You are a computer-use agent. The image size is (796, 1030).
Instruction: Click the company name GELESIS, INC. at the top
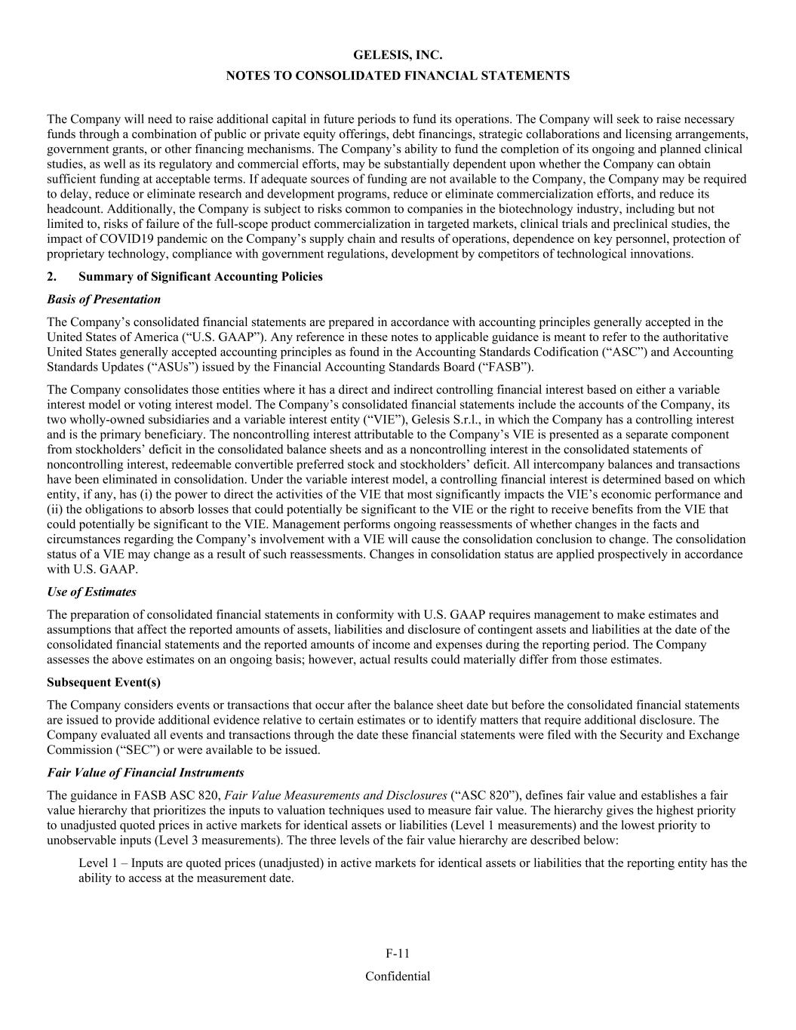[398, 55]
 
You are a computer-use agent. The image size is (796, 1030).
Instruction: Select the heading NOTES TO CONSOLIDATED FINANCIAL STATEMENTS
[398, 75]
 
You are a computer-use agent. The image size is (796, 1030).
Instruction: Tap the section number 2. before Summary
[51, 276]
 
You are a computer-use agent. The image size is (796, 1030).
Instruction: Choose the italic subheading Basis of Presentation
[103, 299]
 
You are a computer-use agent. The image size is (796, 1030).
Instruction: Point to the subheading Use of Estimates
[91, 592]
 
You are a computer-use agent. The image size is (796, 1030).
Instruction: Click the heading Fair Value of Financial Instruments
[145, 772]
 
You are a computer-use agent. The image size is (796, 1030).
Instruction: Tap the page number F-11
[398, 954]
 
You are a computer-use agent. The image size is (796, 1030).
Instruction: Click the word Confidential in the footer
[398, 976]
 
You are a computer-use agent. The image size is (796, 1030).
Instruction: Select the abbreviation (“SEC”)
[137, 749]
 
